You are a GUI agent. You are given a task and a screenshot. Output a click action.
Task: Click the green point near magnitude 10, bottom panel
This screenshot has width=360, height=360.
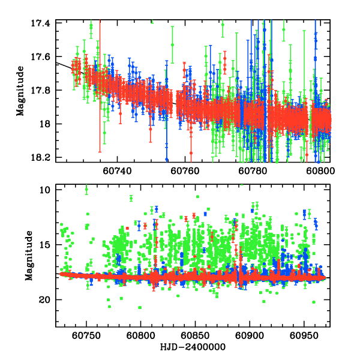[86, 190]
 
